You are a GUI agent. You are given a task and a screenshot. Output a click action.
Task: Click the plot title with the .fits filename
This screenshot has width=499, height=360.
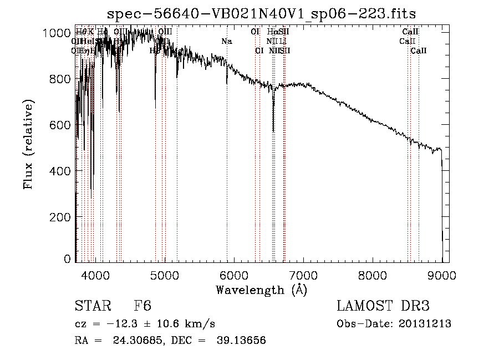[x=262, y=13]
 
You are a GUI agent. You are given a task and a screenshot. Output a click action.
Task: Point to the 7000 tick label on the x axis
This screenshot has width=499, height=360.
[x=303, y=275]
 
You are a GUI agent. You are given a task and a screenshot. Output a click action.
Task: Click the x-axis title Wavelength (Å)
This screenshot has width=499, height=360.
[x=261, y=290]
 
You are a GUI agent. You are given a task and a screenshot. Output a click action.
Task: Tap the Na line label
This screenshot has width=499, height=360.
[x=226, y=41]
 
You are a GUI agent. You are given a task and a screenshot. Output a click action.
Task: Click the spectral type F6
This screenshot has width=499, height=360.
[x=142, y=307]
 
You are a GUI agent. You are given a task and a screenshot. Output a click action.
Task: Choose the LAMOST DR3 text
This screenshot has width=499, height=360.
[x=383, y=307]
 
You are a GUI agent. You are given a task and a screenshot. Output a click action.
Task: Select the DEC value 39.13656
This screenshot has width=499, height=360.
[x=243, y=341]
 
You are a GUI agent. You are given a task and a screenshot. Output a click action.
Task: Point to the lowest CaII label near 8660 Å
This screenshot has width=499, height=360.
[x=419, y=51]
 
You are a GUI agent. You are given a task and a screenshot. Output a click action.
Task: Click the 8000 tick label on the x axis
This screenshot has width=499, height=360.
[x=373, y=275]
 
